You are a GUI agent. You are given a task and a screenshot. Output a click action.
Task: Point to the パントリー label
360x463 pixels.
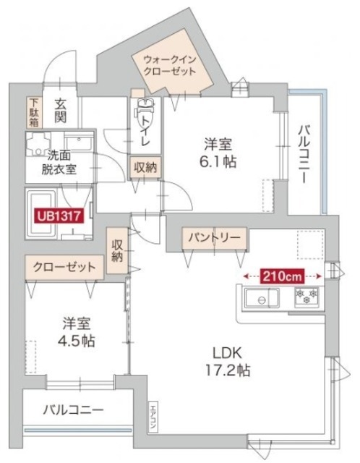pyautogui.click(x=215, y=237)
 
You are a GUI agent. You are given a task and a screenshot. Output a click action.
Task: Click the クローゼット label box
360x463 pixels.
pyautogui.click(x=63, y=267)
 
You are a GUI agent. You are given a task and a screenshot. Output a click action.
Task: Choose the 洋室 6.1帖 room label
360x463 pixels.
pyautogui.click(x=218, y=151)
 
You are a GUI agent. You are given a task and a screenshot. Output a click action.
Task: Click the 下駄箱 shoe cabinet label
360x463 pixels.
pyautogui.click(x=34, y=112)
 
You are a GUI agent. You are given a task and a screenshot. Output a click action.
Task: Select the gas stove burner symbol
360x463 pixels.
pyautogui.click(x=304, y=297)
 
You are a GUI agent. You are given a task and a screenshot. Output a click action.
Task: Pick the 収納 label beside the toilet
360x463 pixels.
pyautogui.click(x=145, y=167)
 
